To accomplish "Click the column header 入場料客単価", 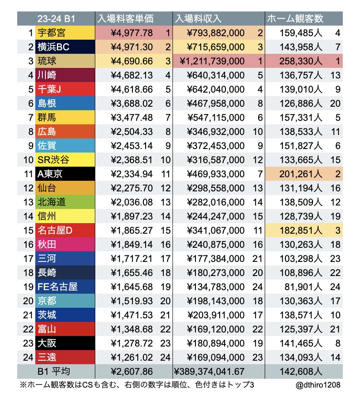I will pos(125,19).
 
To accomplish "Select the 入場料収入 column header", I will pos(198,19).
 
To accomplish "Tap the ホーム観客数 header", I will pos(295,19).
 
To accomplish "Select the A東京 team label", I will pos(50,174).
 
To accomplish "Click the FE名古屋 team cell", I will pos(57,287).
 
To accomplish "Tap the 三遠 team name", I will pos(46,358).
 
